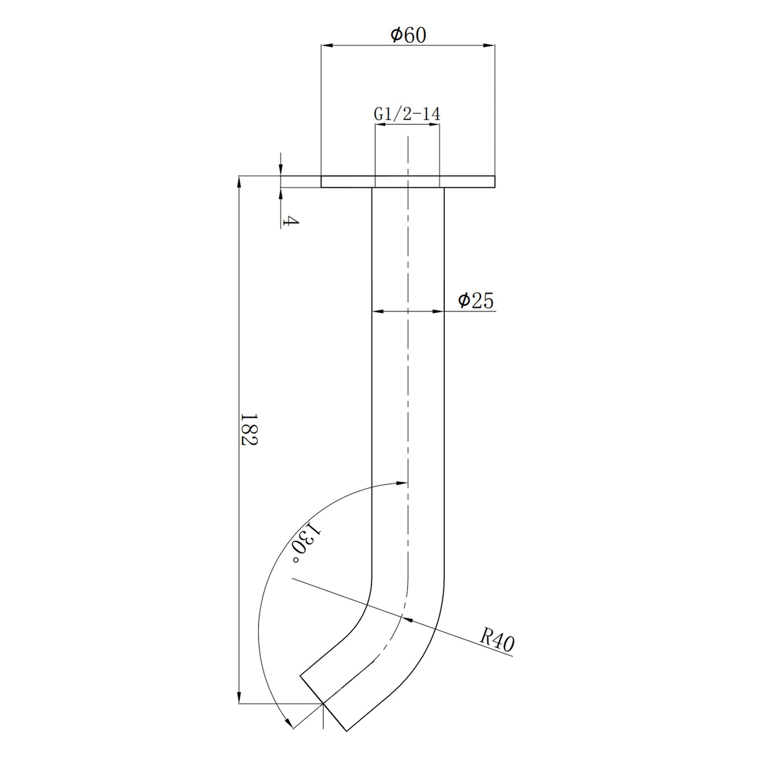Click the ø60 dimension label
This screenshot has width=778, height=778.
pyautogui.click(x=408, y=35)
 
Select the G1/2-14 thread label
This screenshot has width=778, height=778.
pyautogui.click(x=407, y=114)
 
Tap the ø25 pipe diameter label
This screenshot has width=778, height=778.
pyautogui.click(x=475, y=301)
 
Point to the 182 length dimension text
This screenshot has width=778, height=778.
pyautogui.click(x=249, y=429)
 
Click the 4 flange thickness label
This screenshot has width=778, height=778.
pyautogui.click(x=290, y=221)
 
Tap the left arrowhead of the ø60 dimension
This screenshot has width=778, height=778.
pyautogui.click(x=326, y=46)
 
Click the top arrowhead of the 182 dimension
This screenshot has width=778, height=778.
pyautogui.click(x=239, y=181)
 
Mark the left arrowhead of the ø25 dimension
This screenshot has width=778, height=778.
pyautogui.click(x=377, y=311)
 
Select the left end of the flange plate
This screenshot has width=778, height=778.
pyautogui.click(x=322, y=181)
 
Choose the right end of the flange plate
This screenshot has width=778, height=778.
pyautogui.click(x=494, y=181)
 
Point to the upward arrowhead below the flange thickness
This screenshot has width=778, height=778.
pyautogui.click(x=281, y=193)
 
